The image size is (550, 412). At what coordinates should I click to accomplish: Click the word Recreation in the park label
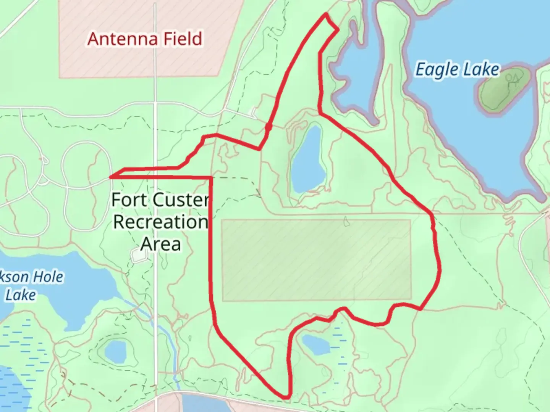[160, 222]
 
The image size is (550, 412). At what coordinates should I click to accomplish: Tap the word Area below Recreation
[160, 244]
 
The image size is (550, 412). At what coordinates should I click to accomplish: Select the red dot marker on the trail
[269, 126]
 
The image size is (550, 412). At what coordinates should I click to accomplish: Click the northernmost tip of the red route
[326, 14]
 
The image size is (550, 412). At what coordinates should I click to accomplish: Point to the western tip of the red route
[110, 177]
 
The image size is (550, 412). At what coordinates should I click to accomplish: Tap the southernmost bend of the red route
[286, 397]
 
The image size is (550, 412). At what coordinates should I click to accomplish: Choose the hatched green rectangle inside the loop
[316, 260]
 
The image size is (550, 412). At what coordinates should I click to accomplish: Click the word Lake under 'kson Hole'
[21, 295]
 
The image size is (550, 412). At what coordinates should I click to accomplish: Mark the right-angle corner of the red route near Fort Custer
[211, 178]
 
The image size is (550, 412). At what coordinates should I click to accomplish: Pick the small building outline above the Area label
[138, 256]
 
